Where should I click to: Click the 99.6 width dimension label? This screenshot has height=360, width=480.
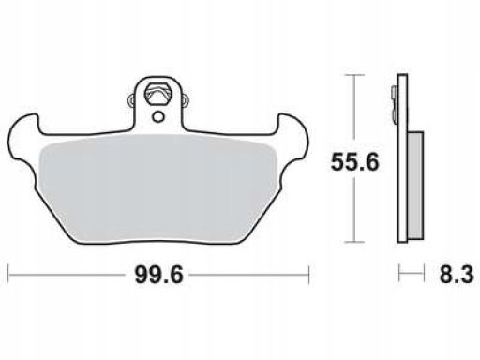pos(158,275)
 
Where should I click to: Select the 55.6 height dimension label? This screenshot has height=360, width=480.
pos(354,162)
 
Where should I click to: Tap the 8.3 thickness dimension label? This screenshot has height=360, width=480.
pos(457,275)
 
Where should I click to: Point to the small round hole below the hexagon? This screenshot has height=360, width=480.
pos(158,117)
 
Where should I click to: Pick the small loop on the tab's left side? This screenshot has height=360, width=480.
pos(132,100)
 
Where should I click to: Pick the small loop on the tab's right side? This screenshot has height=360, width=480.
pos(186,100)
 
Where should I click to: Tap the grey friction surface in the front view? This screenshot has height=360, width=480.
pos(158,187)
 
